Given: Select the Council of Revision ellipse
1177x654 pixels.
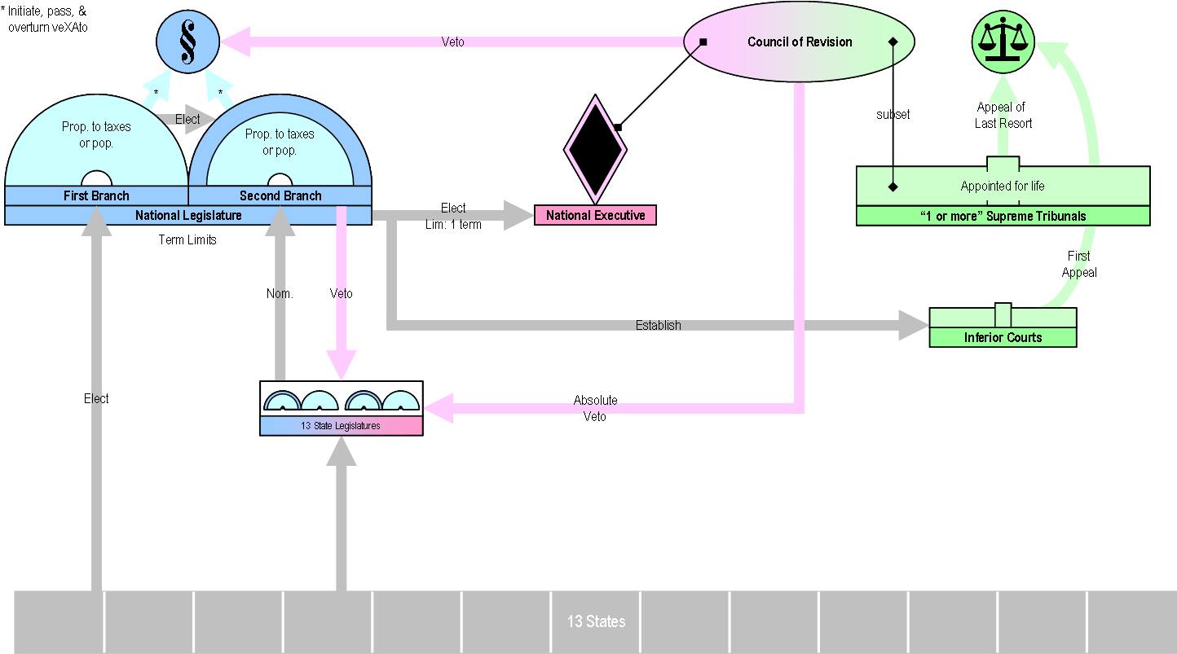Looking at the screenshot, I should point(799,42).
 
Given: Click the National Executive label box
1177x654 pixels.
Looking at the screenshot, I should point(595,216).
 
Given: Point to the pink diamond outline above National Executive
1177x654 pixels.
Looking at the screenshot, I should point(595,149).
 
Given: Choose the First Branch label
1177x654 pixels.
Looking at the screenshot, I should point(96,196).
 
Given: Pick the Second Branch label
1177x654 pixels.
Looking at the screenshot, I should point(280,196).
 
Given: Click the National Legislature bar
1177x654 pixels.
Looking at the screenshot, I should point(188,216).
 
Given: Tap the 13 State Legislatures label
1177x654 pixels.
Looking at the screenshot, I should point(341,426).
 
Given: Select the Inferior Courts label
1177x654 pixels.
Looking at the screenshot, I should point(1003,337).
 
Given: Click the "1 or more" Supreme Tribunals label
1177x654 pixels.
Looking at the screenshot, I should point(1003,217).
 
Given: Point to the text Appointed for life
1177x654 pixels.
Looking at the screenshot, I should point(1003,187).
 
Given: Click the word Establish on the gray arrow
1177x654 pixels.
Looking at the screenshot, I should point(658,325).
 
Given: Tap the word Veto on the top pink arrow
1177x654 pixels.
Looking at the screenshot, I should point(452,42).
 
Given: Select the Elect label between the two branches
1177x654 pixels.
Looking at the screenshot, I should point(187,120).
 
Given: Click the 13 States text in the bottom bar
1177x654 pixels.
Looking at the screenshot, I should point(596,621).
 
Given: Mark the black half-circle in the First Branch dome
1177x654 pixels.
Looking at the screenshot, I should point(96,179).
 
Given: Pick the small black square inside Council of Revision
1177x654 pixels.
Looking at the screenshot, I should point(703,42).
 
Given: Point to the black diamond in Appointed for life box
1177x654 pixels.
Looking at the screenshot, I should point(893,187).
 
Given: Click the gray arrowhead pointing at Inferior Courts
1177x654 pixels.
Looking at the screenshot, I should point(913,325).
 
